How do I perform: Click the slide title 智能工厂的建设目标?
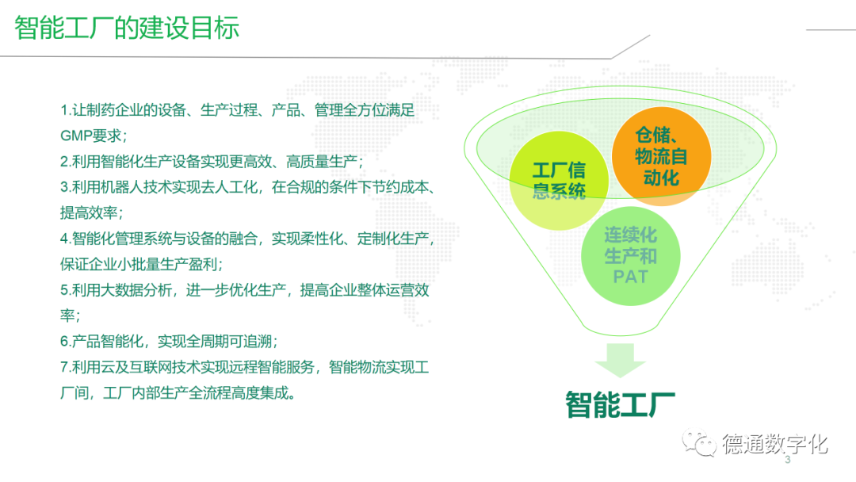[x=127, y=28]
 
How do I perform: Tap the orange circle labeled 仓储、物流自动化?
[x=661, y=156]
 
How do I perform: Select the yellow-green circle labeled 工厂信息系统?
[x=559, y=180]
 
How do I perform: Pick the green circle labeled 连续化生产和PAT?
[x=631, y=255]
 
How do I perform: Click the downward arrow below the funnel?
[x=620, y=360]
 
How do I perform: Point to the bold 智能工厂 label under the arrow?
[x=620, y=404]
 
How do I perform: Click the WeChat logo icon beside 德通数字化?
[x=699, y=442]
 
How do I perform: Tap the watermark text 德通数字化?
[x=774, y=444]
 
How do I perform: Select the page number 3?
[x=787, y=460]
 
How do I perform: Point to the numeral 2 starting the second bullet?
[x=64, y=162]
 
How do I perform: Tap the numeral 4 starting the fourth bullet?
[x=64, y=239]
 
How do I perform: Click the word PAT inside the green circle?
[x=630, y=277]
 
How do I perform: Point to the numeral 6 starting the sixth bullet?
[x=64, y=341]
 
